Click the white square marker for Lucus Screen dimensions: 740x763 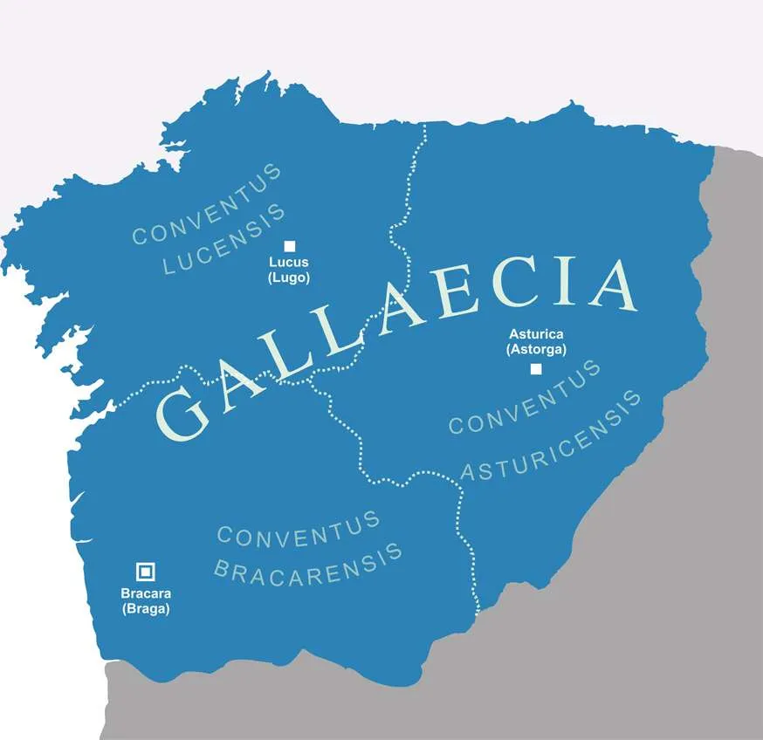point(289,246)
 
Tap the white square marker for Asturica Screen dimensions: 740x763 point(536,368)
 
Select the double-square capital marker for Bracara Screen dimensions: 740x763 point(146,572)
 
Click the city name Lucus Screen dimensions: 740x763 point(289,263)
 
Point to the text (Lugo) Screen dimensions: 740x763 point(289,277)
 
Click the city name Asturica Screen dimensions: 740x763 point(536,334)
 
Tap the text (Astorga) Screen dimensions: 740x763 point(536,349)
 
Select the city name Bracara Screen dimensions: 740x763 point(146,594)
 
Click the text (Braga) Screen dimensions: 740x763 point(146,609)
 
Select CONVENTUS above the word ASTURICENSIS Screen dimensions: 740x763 point(525,398)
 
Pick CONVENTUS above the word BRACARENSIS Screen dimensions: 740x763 point(299,529)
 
